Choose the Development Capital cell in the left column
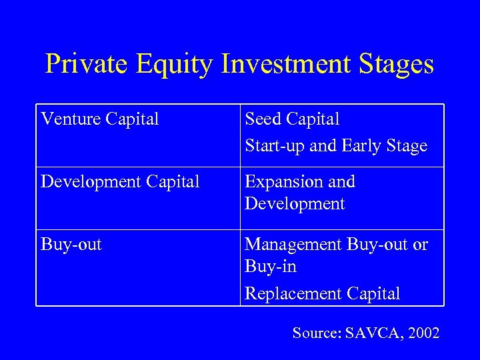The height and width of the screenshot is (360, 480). (x=120, y=182)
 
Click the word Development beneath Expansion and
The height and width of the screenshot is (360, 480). (x=295, y=204)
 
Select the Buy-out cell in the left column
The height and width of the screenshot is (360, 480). (x=71, y=245)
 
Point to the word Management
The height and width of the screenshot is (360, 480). (x=293, y=245)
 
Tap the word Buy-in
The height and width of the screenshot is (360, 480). (x=271, y=267)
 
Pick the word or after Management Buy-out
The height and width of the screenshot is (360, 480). (x=420, y=245)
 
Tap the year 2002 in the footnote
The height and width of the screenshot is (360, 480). (x=423, y=333)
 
